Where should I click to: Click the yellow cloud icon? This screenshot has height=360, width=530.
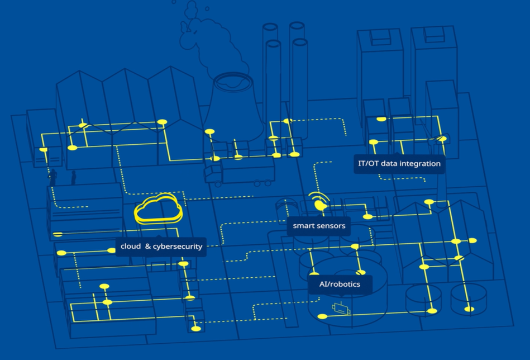158,210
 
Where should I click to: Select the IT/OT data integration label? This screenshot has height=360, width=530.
399,164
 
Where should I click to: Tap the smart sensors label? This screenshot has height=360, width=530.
319,226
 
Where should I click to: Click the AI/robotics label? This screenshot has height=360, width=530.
340,285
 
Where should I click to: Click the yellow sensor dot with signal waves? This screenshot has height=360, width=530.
319,205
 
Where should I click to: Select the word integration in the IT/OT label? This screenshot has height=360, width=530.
420,164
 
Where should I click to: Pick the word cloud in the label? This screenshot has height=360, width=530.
131,246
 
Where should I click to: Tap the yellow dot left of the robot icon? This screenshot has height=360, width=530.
321,317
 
